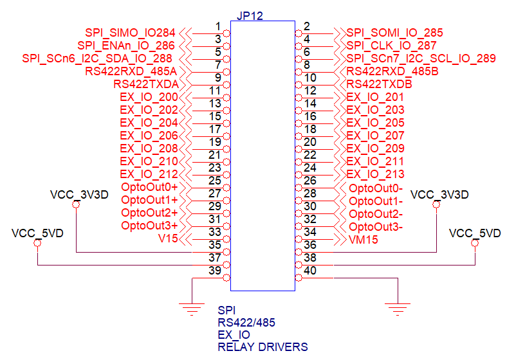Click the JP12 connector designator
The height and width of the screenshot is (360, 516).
click(x=250, y=15)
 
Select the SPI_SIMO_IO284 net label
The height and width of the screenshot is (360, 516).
click(x=130, y=33)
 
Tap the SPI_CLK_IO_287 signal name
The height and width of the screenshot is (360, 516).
click(x=391, y=46)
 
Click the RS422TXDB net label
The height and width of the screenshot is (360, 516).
click(x=379, y=84)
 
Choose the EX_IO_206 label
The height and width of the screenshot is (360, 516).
click(x=149, y=136)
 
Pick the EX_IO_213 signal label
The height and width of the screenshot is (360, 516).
click(x=375, y=174)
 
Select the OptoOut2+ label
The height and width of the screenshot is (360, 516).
click(x=149, y=213)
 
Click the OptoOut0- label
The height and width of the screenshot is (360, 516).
click(x=376, y=188)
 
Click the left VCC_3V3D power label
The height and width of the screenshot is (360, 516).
click(x=79, y=194)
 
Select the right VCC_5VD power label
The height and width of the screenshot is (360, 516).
click(x=475, y=233)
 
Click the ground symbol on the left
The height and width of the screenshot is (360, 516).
click(x=192, y=308)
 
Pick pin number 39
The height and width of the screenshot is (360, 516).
click(x=216, y=270)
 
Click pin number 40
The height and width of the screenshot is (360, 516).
click(x=311, y=270)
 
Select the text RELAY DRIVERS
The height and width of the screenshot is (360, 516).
click(x=263, y=347)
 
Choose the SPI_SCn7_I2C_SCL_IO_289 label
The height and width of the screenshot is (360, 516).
click(x=421, y=59)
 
